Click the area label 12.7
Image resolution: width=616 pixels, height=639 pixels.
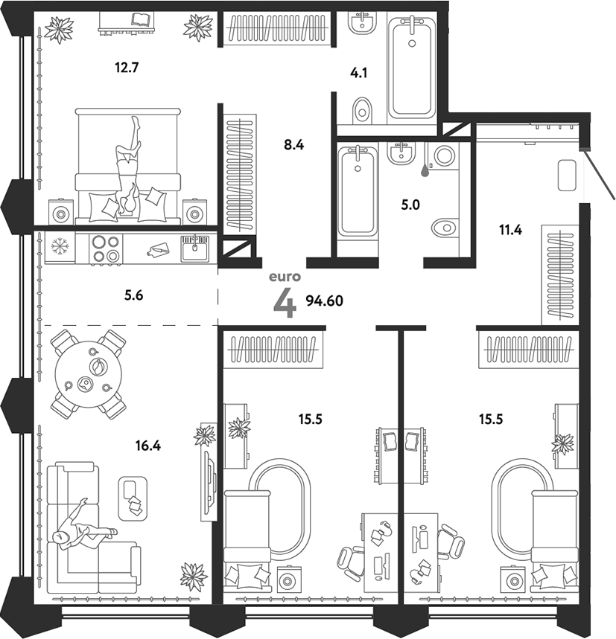click(x=127, y=67)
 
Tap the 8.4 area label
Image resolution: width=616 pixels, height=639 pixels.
click(x=294, y=146)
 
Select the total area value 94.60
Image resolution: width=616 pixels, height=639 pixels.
click(x=328, y=301)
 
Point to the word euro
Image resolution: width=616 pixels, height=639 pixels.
click(x=285, y=277)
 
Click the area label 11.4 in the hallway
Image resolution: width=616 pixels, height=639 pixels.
click(x=510, y=229)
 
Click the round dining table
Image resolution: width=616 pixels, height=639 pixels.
click(x=89, y=374)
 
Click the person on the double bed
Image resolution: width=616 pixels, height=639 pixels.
click(x=128, y=167)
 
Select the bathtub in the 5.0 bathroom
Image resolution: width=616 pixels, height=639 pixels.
click(x=358, y=191)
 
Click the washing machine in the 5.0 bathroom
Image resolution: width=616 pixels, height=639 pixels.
click(x=445, y=156)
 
